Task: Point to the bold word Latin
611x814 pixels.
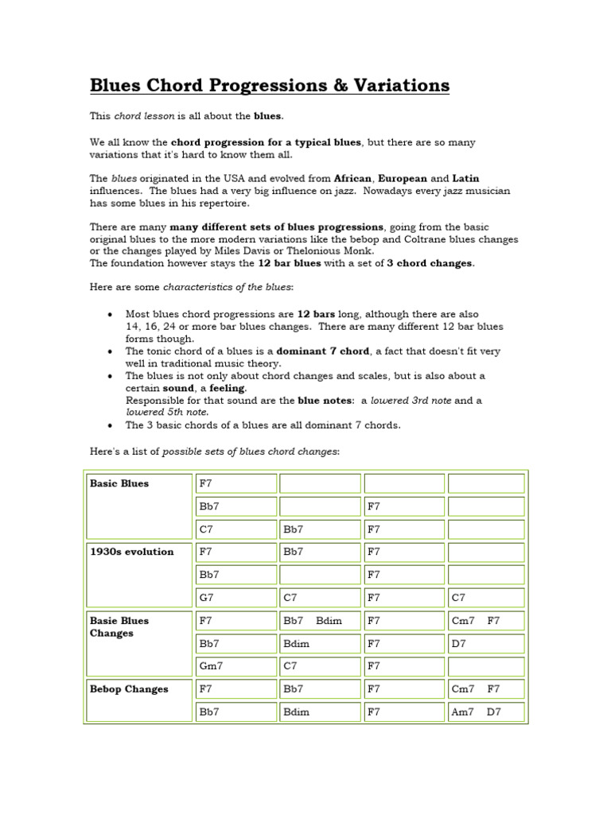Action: coord(465,179)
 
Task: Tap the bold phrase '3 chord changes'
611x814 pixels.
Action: coord(430,263)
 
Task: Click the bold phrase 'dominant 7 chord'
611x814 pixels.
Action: coord(323,351)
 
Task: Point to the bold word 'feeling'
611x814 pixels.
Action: coord(228,388)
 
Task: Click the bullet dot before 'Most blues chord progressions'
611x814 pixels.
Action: coord(110,315)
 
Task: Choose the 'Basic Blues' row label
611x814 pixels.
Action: coord(119,483)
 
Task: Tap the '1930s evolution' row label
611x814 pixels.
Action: coord(131,552)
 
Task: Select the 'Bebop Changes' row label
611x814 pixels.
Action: coord(129,689)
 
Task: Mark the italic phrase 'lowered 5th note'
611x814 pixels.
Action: coord(167,413)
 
